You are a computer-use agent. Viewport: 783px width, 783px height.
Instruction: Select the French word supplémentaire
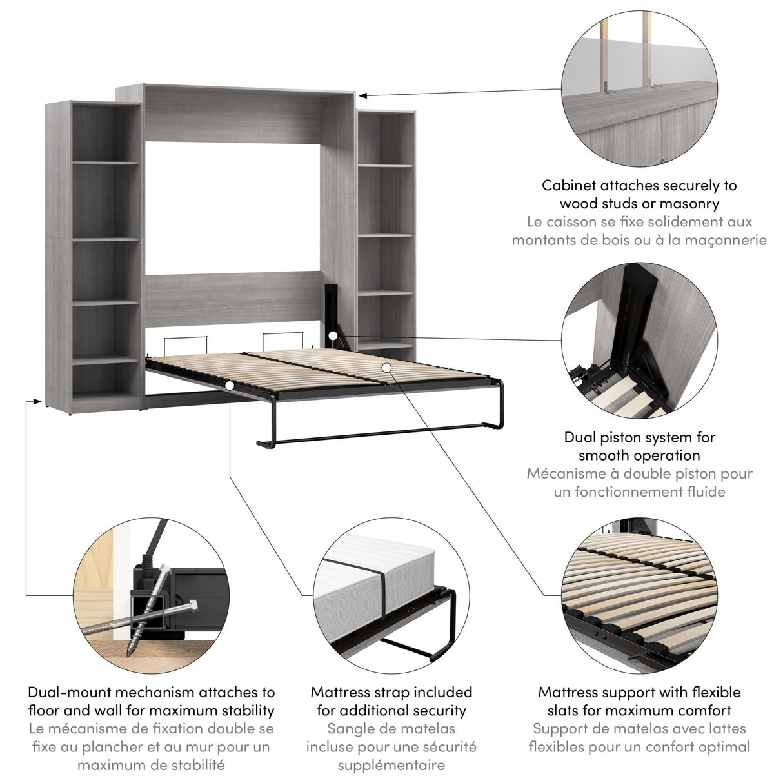click(391, 765)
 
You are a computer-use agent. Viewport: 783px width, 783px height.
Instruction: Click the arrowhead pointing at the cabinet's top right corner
click(362, 95)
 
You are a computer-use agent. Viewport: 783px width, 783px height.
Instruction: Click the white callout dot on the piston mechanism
click(332, 335)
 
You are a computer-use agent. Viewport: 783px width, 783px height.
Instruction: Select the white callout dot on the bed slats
click(386, 367)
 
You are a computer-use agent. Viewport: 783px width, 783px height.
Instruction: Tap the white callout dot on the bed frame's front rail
click(230, 385)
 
